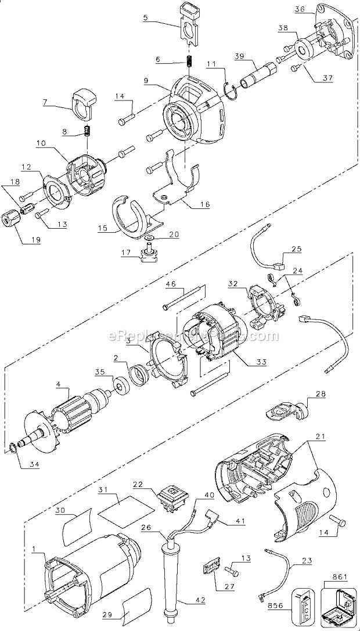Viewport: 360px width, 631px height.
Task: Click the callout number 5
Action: tap(146, 18)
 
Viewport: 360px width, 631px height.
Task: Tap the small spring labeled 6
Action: tap(189, 61)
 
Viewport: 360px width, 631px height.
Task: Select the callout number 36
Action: tap(299, 9)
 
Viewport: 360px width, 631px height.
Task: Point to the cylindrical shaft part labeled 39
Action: tap(256, 77)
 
